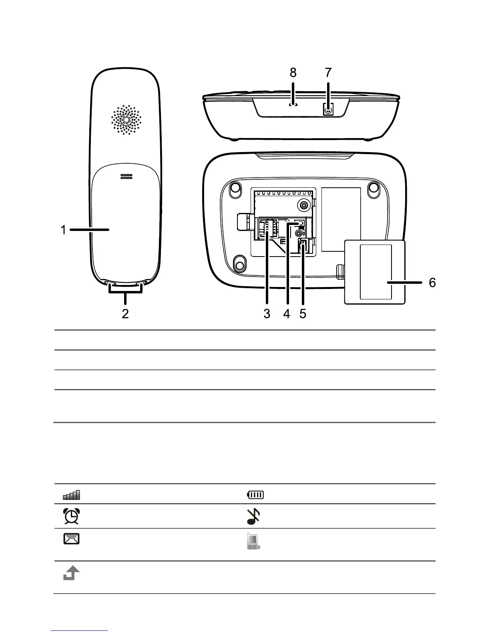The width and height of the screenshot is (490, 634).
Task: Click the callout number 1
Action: coord(63,230)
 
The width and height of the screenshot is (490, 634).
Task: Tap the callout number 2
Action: coord(125,314)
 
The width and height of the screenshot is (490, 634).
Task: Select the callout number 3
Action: coord(267,314)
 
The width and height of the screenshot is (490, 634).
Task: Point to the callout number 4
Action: coord(287,314)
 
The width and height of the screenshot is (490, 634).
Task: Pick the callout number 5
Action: coord(303,314)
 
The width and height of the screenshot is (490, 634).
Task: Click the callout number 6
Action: coord(432,283)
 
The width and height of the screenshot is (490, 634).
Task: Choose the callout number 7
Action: coord(328,73)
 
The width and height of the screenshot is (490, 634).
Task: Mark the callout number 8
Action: coord(293,73)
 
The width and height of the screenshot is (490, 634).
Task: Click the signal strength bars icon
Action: coord(71,495)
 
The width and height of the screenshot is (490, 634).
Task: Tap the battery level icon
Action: coord(255,495)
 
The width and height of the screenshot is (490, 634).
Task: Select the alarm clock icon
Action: coord(71,516)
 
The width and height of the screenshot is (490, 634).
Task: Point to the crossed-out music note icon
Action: coord(253,516)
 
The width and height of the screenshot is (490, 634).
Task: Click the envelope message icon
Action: coord(71,539)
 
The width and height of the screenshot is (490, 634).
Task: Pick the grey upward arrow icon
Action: coord(71,575)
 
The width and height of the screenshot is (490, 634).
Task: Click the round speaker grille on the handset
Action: coord(126,120)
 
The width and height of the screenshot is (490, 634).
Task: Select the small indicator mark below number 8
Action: coord(293,105)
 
